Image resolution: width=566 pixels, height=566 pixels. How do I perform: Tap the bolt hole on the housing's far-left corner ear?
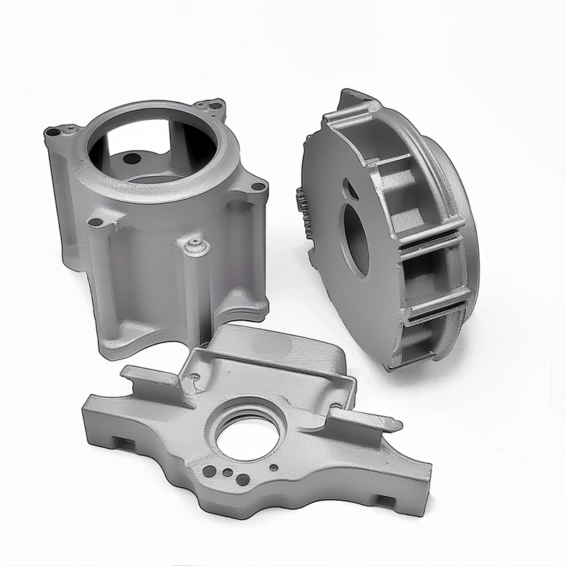(52, 132)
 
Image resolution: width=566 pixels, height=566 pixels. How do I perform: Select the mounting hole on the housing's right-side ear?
(257, 187)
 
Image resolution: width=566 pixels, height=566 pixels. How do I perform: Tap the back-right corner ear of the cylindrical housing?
(212, 107)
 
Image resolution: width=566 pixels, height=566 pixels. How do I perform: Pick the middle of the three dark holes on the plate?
(226, 473)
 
